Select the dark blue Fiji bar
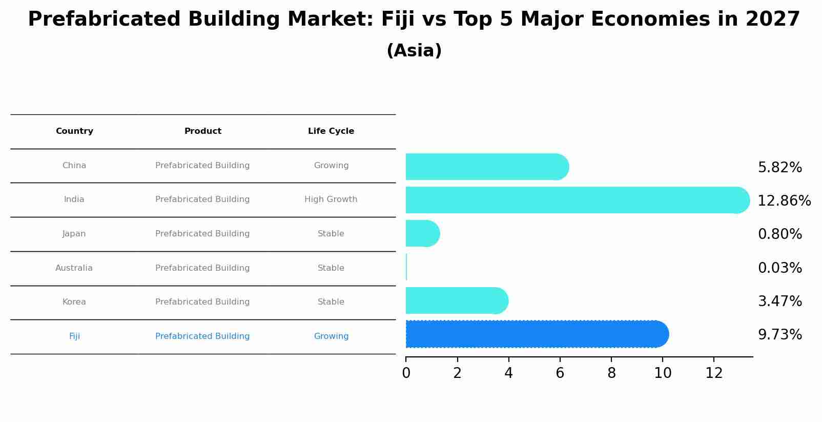tap(536, 334)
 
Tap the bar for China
tap(487, 167)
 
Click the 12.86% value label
tap(784, 201)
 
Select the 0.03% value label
tap(779, 268)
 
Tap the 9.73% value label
tap(779, 335)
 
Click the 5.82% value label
tap(779, 168)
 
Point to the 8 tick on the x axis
tap(611, 373)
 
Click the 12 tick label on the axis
tap(714, 373)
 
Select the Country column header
tap(74, 131)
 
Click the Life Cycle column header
tap(331, 131)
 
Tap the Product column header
tap(203, 131)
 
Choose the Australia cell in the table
tap(74, 268)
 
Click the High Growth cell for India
tap(331, 199)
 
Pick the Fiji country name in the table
tap(74, 336)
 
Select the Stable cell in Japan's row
tap(331, 234)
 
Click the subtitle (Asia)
tap(414, 51)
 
